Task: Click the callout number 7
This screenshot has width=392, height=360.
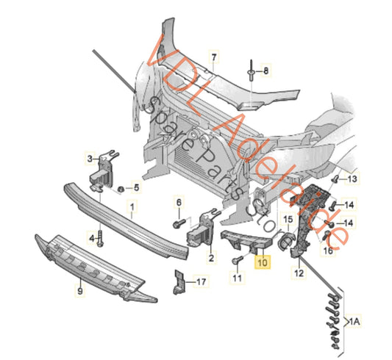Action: pyautogui.click(x=215, y=57)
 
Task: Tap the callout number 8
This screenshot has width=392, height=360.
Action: pyautogui.click(x=266, y=71)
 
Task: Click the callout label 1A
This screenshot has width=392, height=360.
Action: pyautogui.click(x=356, y=321)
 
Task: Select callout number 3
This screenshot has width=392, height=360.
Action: pyautogui.click(x=91, y=158)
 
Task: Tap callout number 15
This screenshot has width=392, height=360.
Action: pyautogui.click(x=288, y=220)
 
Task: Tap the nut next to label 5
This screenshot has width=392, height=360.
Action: pyautogui.click(x=119, y=190)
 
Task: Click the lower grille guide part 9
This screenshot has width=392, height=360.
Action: pyautogui.click(x=96, y=264)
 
